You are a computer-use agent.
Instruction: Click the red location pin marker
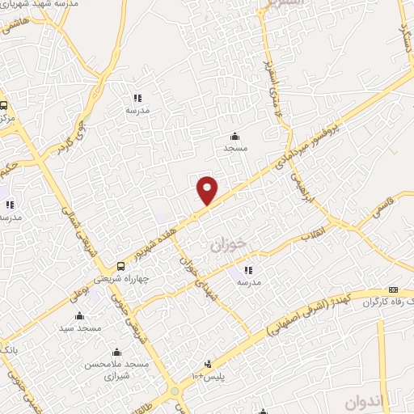coord(208,190)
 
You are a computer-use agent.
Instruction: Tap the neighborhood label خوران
coord(227,243)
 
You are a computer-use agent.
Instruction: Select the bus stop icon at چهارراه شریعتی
coord(121,266)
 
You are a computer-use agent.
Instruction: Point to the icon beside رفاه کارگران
coord(393,289)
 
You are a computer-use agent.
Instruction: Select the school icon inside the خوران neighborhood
coord(248,271)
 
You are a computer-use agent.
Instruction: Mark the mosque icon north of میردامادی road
coord(234,136)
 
